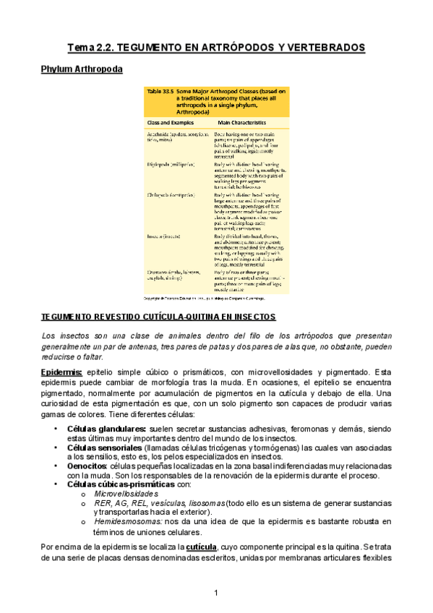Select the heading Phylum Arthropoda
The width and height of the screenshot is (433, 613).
pos(81,69)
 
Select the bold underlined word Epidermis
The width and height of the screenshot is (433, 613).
pos(61,372)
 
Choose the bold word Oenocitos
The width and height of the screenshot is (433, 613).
pos(87,466)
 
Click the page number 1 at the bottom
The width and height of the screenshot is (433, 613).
pos(216,593)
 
